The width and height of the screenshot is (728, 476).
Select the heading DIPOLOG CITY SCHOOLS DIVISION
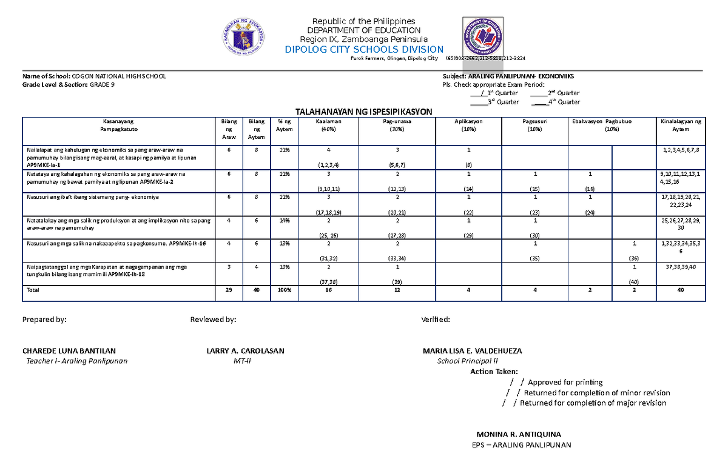tap(364, 49)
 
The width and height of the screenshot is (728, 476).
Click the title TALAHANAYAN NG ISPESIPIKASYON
tap(363, 112)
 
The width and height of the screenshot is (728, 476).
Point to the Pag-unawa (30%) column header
tap(397, 126)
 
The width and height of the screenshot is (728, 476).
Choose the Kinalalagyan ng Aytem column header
tap(681, 126)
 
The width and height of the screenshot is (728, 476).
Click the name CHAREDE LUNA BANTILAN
tap(69, 351)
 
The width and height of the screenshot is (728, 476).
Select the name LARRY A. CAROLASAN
tap(245, 351)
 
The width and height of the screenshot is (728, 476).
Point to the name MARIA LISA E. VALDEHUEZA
tap(471, 351)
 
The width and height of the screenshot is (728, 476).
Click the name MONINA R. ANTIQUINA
tap(519, 435)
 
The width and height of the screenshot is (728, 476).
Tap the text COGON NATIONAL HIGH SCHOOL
tap(118, 76)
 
